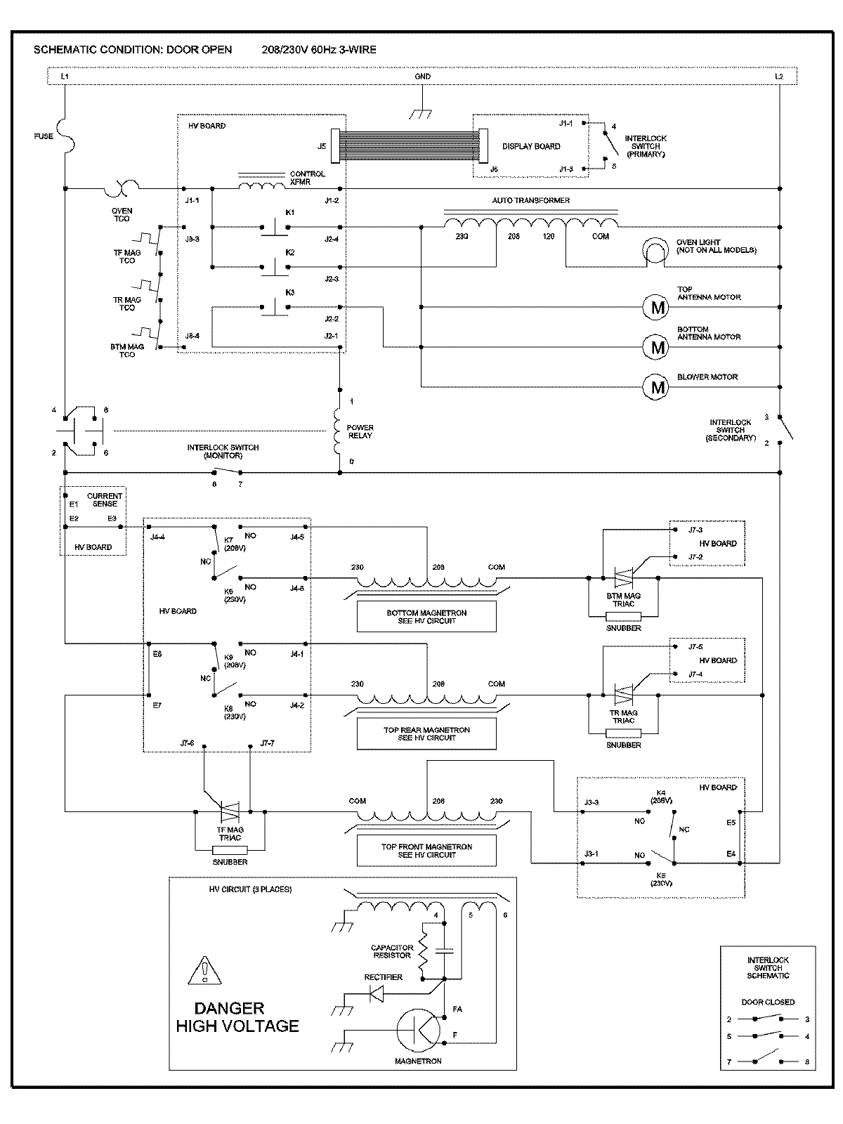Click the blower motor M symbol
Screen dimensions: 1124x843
tap(658, 387)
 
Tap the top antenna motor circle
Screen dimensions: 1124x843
tap(658, 307)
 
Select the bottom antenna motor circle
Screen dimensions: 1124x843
tap(658, 346)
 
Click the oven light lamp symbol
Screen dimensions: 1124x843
tap(656, 251)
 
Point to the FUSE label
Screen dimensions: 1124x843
tap(44, 136)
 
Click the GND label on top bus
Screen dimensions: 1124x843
tap(422, 77)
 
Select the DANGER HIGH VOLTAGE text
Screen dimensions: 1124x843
tap(237, 1017)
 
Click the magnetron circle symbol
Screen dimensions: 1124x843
tap(419, 1030)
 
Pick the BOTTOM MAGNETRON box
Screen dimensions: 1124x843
tap(426, 617)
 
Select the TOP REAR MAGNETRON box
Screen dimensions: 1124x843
tap(426, 734)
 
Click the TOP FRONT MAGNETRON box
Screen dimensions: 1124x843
tap(426, 851)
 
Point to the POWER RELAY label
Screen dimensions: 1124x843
tap(360, 431)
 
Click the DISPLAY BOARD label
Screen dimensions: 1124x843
tap(531, 146)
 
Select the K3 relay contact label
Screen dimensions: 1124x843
tap(289, 292)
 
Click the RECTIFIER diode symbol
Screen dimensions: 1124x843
tap(376, 994)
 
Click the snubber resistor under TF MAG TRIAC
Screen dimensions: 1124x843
tap(230, 850)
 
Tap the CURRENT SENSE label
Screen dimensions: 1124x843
tap(104, 499)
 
